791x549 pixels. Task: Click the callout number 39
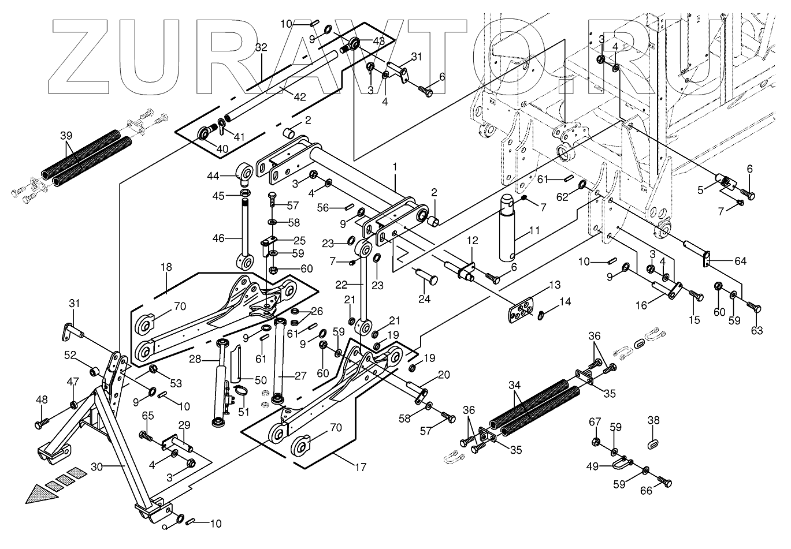(66, 135)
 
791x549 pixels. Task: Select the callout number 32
(261, 47)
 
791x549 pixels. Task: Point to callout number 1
(395, 167)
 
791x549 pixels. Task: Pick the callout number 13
(555, 285)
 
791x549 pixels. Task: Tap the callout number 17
(361, 468)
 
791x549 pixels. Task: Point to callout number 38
(653, 421)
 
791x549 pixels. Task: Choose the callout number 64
(740, 261)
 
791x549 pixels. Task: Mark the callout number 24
(425, 298)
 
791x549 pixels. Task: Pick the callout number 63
(757, 330)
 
